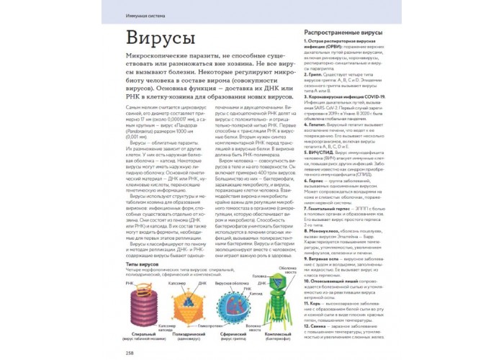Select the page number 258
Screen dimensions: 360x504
coord(130,352)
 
